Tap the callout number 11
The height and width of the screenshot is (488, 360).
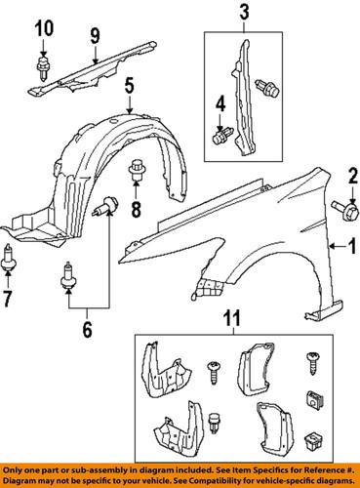pyautogui.click(x=232, y=318)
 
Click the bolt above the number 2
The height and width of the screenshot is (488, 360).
pyautogui.click(x=342, y=208)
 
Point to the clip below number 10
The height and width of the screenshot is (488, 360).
pyautogui.click(x=43, y=68)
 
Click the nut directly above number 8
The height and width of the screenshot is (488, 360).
pyautogui.click(x=137, y=172)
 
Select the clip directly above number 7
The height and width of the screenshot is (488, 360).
pyautogui.click(x=10, y=259)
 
